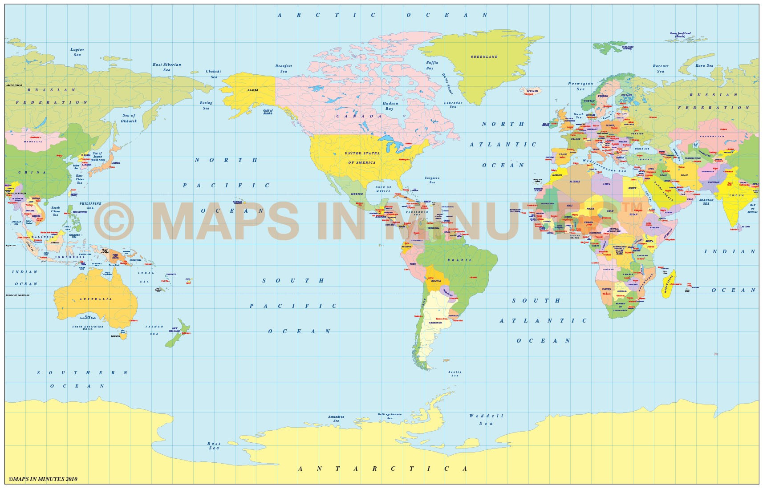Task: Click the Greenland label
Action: click(x=484, y=57)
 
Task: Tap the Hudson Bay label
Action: click(x=390, y=105)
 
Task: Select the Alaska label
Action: click(x=252, y=90)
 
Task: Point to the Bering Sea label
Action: click(x=206, y=105)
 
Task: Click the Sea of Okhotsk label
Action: click(x=129, y=118)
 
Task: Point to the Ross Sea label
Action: click(x=214, y=445)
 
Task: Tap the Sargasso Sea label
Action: click(x=432, y=180)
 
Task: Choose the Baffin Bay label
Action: click(x=432, y=65)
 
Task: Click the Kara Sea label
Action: click(x=704, y=66)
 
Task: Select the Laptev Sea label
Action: click(x=77, y=52)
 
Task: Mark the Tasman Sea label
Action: click(x=154, y=330)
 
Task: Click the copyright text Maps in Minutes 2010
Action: click(x=43, y=479)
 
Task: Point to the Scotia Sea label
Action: click(x=455, y=374)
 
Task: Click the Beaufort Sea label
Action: click(x=284, y=69)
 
